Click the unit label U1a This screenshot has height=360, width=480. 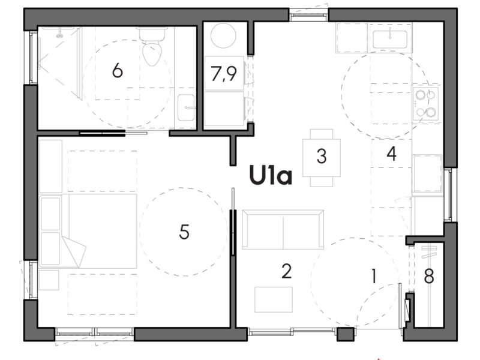point(271,176)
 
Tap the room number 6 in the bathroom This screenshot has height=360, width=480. point(117,71)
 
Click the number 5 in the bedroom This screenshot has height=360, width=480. point(184,232)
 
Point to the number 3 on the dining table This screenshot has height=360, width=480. point(322,157)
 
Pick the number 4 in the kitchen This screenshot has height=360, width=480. point(391,154)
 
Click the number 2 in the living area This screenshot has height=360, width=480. point(286,272)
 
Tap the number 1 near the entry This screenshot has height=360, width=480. point(373,277)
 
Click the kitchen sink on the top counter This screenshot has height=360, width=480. point(391,39)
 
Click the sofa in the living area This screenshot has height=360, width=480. point(283,229)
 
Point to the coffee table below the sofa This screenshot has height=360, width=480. point(274,299)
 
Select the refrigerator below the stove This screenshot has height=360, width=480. point(427,173)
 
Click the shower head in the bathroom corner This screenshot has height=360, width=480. point(59,34)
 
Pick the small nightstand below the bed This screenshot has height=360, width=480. point(49,280)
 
